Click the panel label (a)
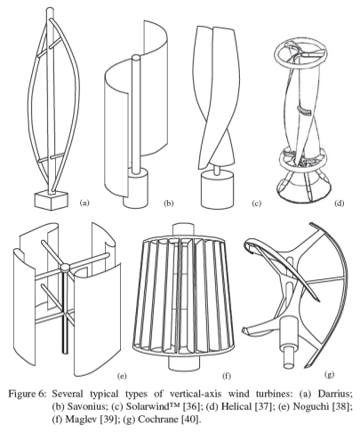[84, 203]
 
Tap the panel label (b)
[169, 203]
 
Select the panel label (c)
[256, 203]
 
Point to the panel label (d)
[339, 203]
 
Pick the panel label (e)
[122, 376]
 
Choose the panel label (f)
[227, 376]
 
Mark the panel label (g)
[329, 374]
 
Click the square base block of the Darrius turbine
[52, 201]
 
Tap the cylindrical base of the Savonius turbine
[136, 189]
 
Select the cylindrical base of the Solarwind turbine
[217, 189]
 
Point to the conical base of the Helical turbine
[302, 188]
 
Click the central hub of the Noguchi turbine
[65, 268]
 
